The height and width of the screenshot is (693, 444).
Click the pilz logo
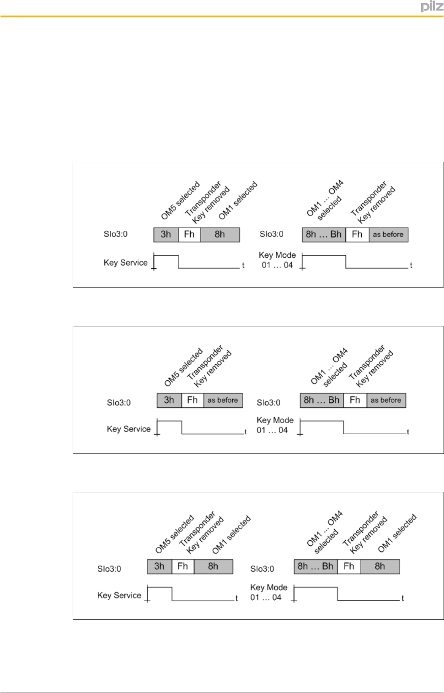click(432, 7)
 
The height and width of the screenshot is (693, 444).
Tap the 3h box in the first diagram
click(166, 235)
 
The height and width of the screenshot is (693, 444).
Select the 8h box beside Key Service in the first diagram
click(220, 235)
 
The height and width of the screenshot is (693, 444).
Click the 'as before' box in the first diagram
click(388, 235)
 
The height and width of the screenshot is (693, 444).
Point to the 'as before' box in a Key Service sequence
click(223, 400)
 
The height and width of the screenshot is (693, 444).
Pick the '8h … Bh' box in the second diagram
click(321, 400)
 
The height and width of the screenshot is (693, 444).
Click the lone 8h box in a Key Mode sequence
click(380, 566)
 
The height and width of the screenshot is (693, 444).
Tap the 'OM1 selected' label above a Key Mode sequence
click(397, 533)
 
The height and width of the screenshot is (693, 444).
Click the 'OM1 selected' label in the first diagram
click(238, 200)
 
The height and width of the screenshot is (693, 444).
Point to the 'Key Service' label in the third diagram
click(119, 595)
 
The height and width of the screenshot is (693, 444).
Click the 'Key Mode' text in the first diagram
click(277, 255)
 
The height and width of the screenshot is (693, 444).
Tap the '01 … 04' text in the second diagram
click(272, 430)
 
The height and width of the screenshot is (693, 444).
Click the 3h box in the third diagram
click(159, 566)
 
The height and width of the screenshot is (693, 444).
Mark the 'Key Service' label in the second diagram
click(128, 429)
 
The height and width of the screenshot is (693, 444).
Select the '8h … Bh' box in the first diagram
click(324, 235)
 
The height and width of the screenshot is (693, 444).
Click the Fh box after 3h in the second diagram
click(193, 400)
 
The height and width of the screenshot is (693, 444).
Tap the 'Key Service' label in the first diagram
click(125, 262)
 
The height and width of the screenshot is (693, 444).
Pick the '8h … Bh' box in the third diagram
click(316, 566)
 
